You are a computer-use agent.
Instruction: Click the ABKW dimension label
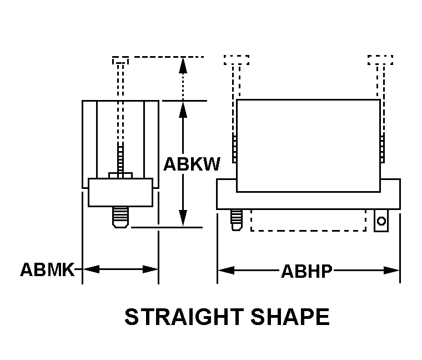(x=192, y=164)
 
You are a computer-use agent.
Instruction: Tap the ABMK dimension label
(x=47, y=269)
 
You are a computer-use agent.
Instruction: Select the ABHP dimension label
(x=307, y=271)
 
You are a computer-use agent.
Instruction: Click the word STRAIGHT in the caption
(x=184, y=317)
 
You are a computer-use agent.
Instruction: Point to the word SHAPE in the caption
(x=290, y=317)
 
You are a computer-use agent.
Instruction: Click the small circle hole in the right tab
(x=381, y=221)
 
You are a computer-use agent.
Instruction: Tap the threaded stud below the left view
(x=120, y=217)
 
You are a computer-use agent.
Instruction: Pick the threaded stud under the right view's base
(x=237, y=220)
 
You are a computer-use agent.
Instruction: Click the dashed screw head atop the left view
(x=120, y=61)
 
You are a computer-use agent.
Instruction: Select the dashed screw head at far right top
(x=380, y=60)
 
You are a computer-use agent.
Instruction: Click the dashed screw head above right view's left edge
(x=237, y=60)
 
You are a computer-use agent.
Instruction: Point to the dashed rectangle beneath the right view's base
(x=308, y=220)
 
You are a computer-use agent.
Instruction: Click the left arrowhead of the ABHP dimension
(x=226, y=270)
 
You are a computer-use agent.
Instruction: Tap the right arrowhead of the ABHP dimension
(x=391, y=271)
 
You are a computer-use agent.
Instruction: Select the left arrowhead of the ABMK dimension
(x=91, y=269)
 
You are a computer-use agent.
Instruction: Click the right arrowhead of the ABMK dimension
(x=150, y=269)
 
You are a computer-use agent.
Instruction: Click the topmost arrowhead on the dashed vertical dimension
(x=183, y=66)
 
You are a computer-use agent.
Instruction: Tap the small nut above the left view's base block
(x=120, y=176)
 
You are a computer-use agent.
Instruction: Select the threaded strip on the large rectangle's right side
(x=382, y=149)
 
